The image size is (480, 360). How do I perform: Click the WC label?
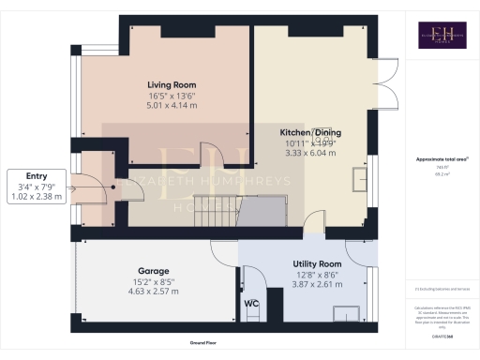click(251, 304)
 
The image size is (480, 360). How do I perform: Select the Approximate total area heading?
click(438, 159)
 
